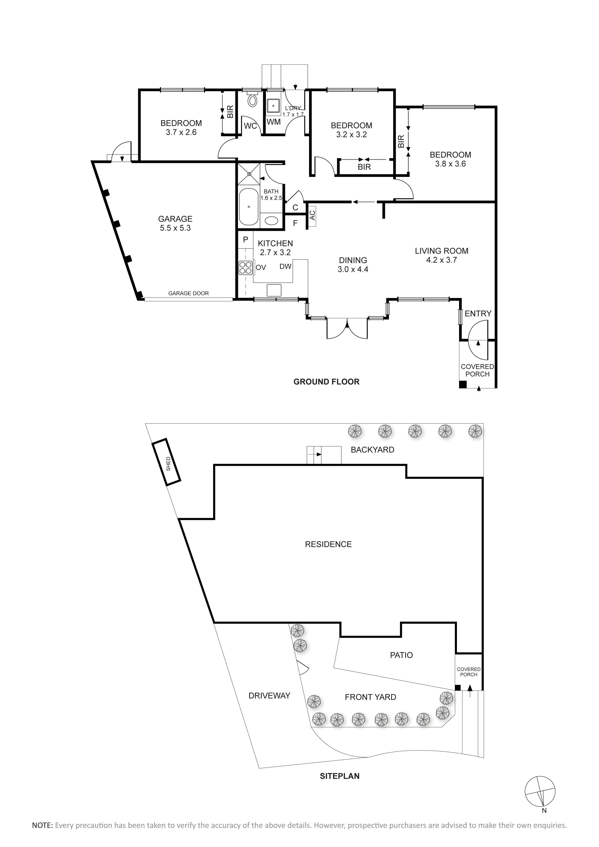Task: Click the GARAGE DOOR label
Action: coord(188,293)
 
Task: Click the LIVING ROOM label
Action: coord(441,251)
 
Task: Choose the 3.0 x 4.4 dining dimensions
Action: coord(353,269)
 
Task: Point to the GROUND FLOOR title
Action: coord(326,382)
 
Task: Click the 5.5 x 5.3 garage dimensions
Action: coord(175,228)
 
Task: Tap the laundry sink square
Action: coord(273,106)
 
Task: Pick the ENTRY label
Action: coord(478,314)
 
